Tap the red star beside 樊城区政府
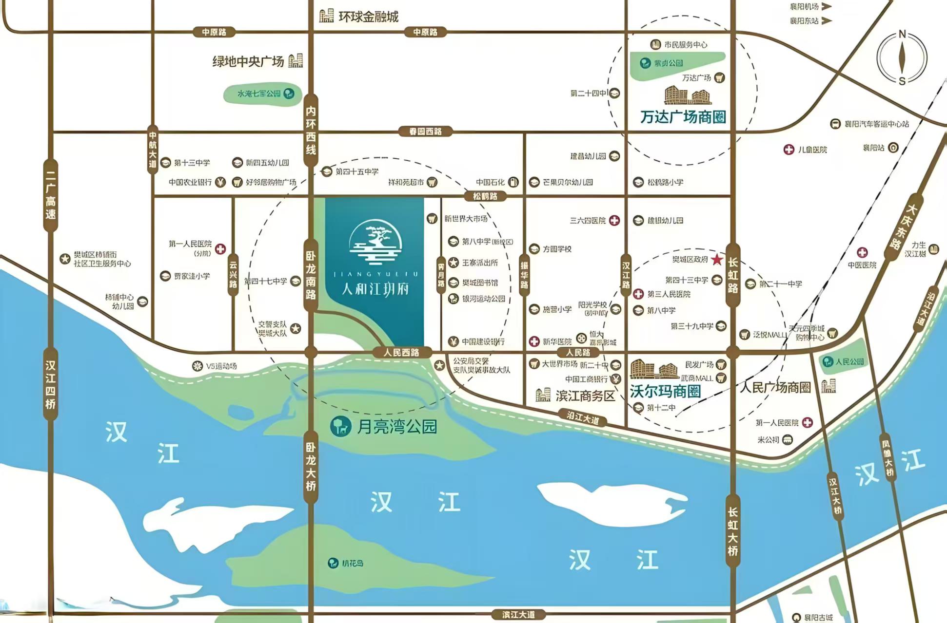(x=716, y=259)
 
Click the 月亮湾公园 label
(x=396, y=427)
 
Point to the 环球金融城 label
(x=368, y=17)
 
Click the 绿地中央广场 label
(x=248, y=62)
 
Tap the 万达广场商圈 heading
(x=683, y=117)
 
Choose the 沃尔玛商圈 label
(x=665, y=391)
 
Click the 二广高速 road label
(x=51, y=194)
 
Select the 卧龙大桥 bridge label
(x=311, y=467)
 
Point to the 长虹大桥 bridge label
(x=732, y=531)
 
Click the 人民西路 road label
(x=401, y=352)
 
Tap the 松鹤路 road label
(x=485, y=196)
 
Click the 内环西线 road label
(x=311, y=131)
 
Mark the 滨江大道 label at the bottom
(x=518, y=615)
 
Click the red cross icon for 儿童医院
(x=789, y=150)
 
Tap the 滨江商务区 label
(x=585, y=396)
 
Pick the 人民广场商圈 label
(x=775, y=387)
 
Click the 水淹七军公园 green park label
(x=259, y=94)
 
